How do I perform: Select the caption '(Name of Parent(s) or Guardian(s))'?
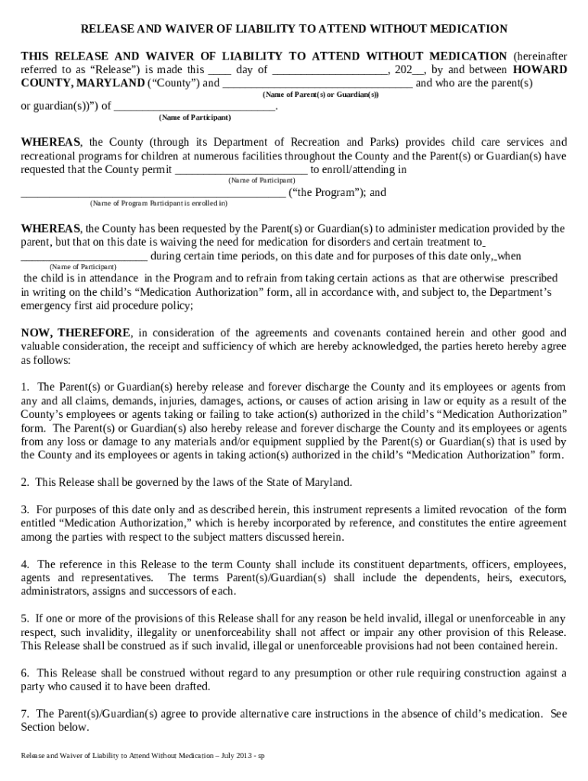tap(320, 95)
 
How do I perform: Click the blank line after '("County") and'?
tap(317, 84)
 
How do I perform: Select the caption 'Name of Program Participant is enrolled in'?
tap(158, 204)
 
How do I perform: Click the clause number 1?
tap(25, 387)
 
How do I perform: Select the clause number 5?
tap(25, 618)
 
